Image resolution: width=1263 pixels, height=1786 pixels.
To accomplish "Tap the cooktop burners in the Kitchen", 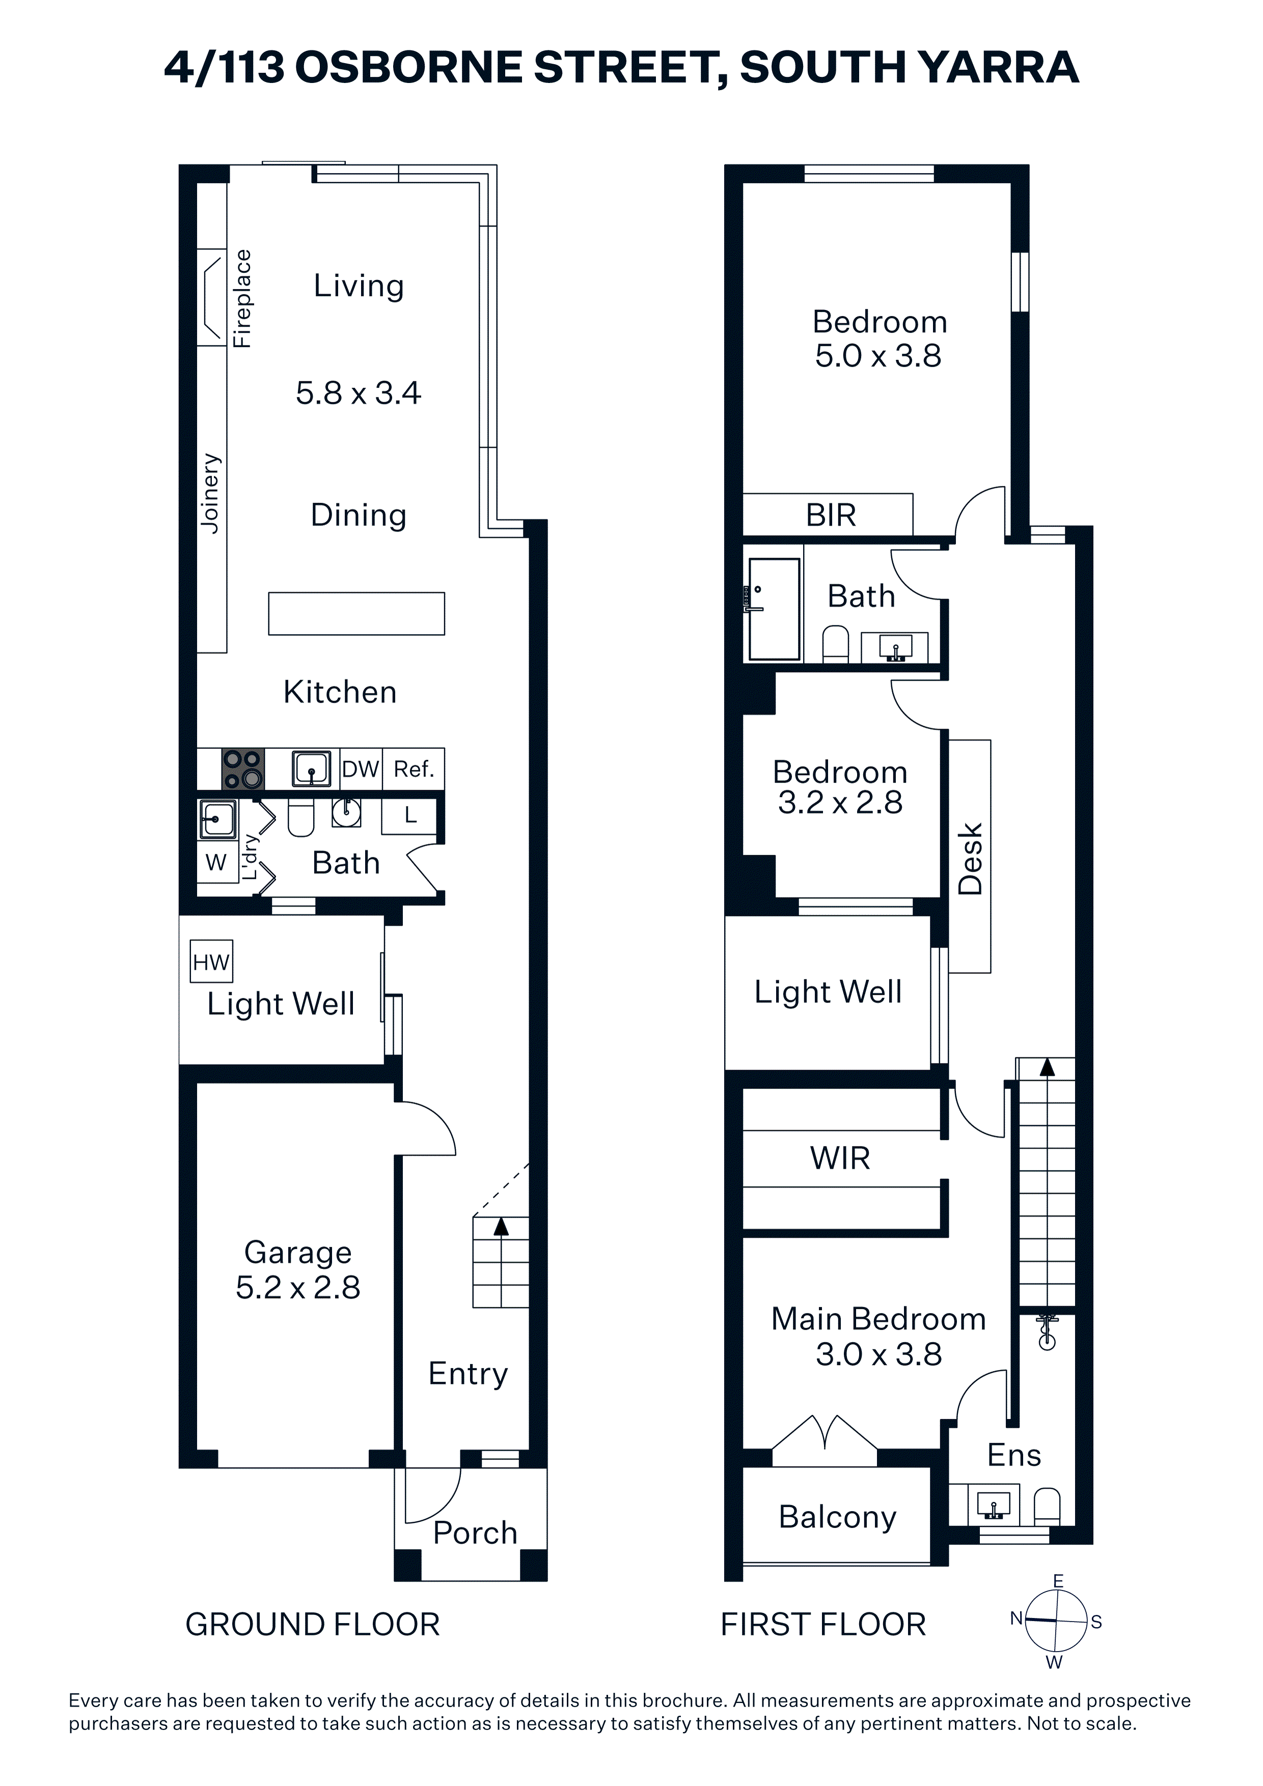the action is (x=243, y=769).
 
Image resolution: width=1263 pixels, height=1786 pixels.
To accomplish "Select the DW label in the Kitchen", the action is (x=360, y=769).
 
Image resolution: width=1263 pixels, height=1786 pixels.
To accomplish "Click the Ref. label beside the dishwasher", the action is (x=413, y=769).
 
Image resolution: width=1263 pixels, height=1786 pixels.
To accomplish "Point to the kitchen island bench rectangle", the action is (x=356, y=613).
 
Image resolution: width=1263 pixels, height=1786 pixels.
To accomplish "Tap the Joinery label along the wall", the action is (x=210, y=493).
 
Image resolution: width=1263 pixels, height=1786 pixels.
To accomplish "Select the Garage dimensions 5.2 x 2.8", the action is (x=298, y=1288).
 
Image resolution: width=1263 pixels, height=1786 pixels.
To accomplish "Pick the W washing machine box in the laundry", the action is (x=216, y=862).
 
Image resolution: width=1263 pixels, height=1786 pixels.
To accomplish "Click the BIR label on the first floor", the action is (x=831, y=515).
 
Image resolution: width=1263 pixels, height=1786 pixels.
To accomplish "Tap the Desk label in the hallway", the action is (x=970, y=859).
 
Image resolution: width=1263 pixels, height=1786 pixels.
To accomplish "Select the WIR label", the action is (x=840, y=1158).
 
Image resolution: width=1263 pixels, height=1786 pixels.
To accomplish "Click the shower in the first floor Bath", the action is (x=774, y=609).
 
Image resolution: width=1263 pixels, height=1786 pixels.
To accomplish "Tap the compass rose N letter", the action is (x=1017, y=1619).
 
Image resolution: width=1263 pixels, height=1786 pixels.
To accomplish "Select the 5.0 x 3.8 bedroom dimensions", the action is (x=878, y=355).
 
